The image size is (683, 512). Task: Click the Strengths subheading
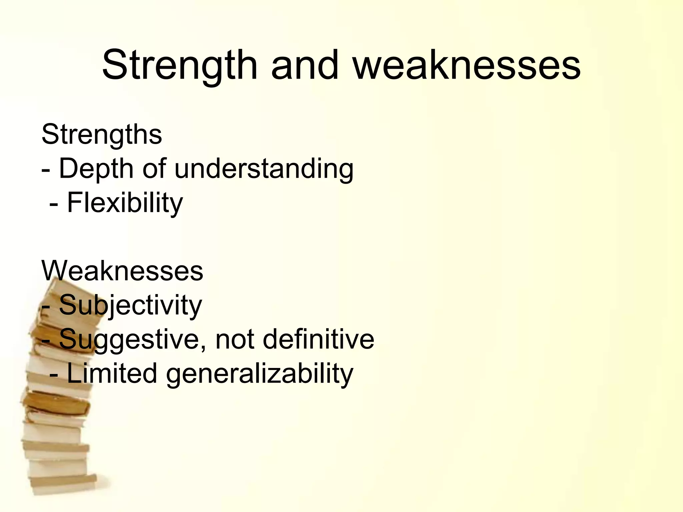[102, 134]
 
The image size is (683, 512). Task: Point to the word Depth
[96, 169]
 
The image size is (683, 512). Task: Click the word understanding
[264, 169]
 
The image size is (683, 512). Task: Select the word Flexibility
[125, 203]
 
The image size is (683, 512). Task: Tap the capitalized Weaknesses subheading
[122, 271]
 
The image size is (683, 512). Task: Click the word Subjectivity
[130, 305]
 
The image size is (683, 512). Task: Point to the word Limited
[112, 374]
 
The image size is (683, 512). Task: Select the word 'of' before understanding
[154, 169]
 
